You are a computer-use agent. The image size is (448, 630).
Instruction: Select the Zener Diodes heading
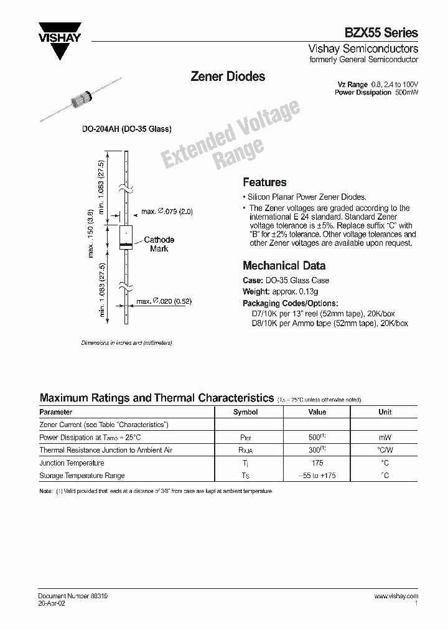pyautogui.click(x=227, y=77)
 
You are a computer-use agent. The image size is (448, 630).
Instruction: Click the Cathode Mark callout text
pyautogui.click(x=159, y=244)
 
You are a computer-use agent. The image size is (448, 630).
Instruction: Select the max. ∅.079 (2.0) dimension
pyautogui.click(x=167, y=212)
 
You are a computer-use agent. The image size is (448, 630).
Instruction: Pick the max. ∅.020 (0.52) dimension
pyautogui.click(x=164, y=301)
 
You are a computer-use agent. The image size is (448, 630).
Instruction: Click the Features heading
pyautogui.click(x=264, y=182)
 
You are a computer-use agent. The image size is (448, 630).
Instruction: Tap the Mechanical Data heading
pyautogui.click(x=284, y=265)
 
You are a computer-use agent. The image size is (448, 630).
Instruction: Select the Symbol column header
pyautogui.click(x=245, y=412)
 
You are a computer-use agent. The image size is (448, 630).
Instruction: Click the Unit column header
pyautogui.click(x=385, y=412)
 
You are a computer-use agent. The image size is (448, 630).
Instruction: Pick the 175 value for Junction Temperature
pyautogui.click(x=317, y=463)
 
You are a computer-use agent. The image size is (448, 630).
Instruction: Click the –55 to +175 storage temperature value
pyautogui.click(x=317, y=476)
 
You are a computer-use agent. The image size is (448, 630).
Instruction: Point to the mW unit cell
pyautogui.click(x=385, y=438)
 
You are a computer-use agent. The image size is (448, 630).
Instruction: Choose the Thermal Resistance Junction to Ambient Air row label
pyautogui.click(x=106, y=450)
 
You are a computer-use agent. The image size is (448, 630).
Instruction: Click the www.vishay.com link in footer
pyautogui.click(x=396, y=596)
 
